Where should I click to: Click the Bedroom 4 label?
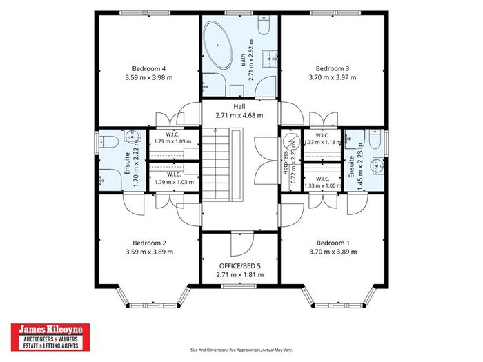149,69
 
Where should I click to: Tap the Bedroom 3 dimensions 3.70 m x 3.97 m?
333,77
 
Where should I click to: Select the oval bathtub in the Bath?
218,45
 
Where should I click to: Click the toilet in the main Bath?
264,25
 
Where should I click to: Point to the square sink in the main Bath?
270,59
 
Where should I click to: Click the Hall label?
239,106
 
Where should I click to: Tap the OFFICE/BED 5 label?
240,265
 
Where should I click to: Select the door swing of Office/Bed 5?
242,244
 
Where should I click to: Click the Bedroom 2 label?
150,243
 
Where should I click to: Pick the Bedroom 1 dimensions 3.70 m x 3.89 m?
333,252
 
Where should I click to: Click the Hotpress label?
286,163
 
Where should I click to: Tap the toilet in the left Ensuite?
108,142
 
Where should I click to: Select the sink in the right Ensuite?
378,166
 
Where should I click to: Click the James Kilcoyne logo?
50,337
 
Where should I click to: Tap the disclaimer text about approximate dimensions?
241,350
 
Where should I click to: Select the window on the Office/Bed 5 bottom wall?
239,286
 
